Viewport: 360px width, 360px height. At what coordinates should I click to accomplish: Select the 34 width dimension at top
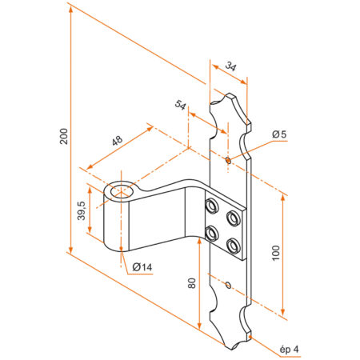pos(231,67)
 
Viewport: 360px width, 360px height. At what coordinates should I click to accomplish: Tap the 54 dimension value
pos(180,106)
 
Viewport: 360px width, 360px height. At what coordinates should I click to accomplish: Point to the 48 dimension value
pos(116,141)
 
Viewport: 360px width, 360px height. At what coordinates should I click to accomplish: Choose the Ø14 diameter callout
pos(142,266)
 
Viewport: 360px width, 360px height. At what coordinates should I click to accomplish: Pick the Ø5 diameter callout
pos(278,134)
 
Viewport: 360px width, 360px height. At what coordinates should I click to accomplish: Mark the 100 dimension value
pos(276,255)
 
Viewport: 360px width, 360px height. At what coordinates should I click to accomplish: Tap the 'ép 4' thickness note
pos(289,349)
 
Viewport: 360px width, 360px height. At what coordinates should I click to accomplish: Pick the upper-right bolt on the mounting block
pos(234,218)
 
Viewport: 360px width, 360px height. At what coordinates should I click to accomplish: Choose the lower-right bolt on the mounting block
pos(234,244)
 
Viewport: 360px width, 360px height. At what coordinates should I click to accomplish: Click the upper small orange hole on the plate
pos(227,160)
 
